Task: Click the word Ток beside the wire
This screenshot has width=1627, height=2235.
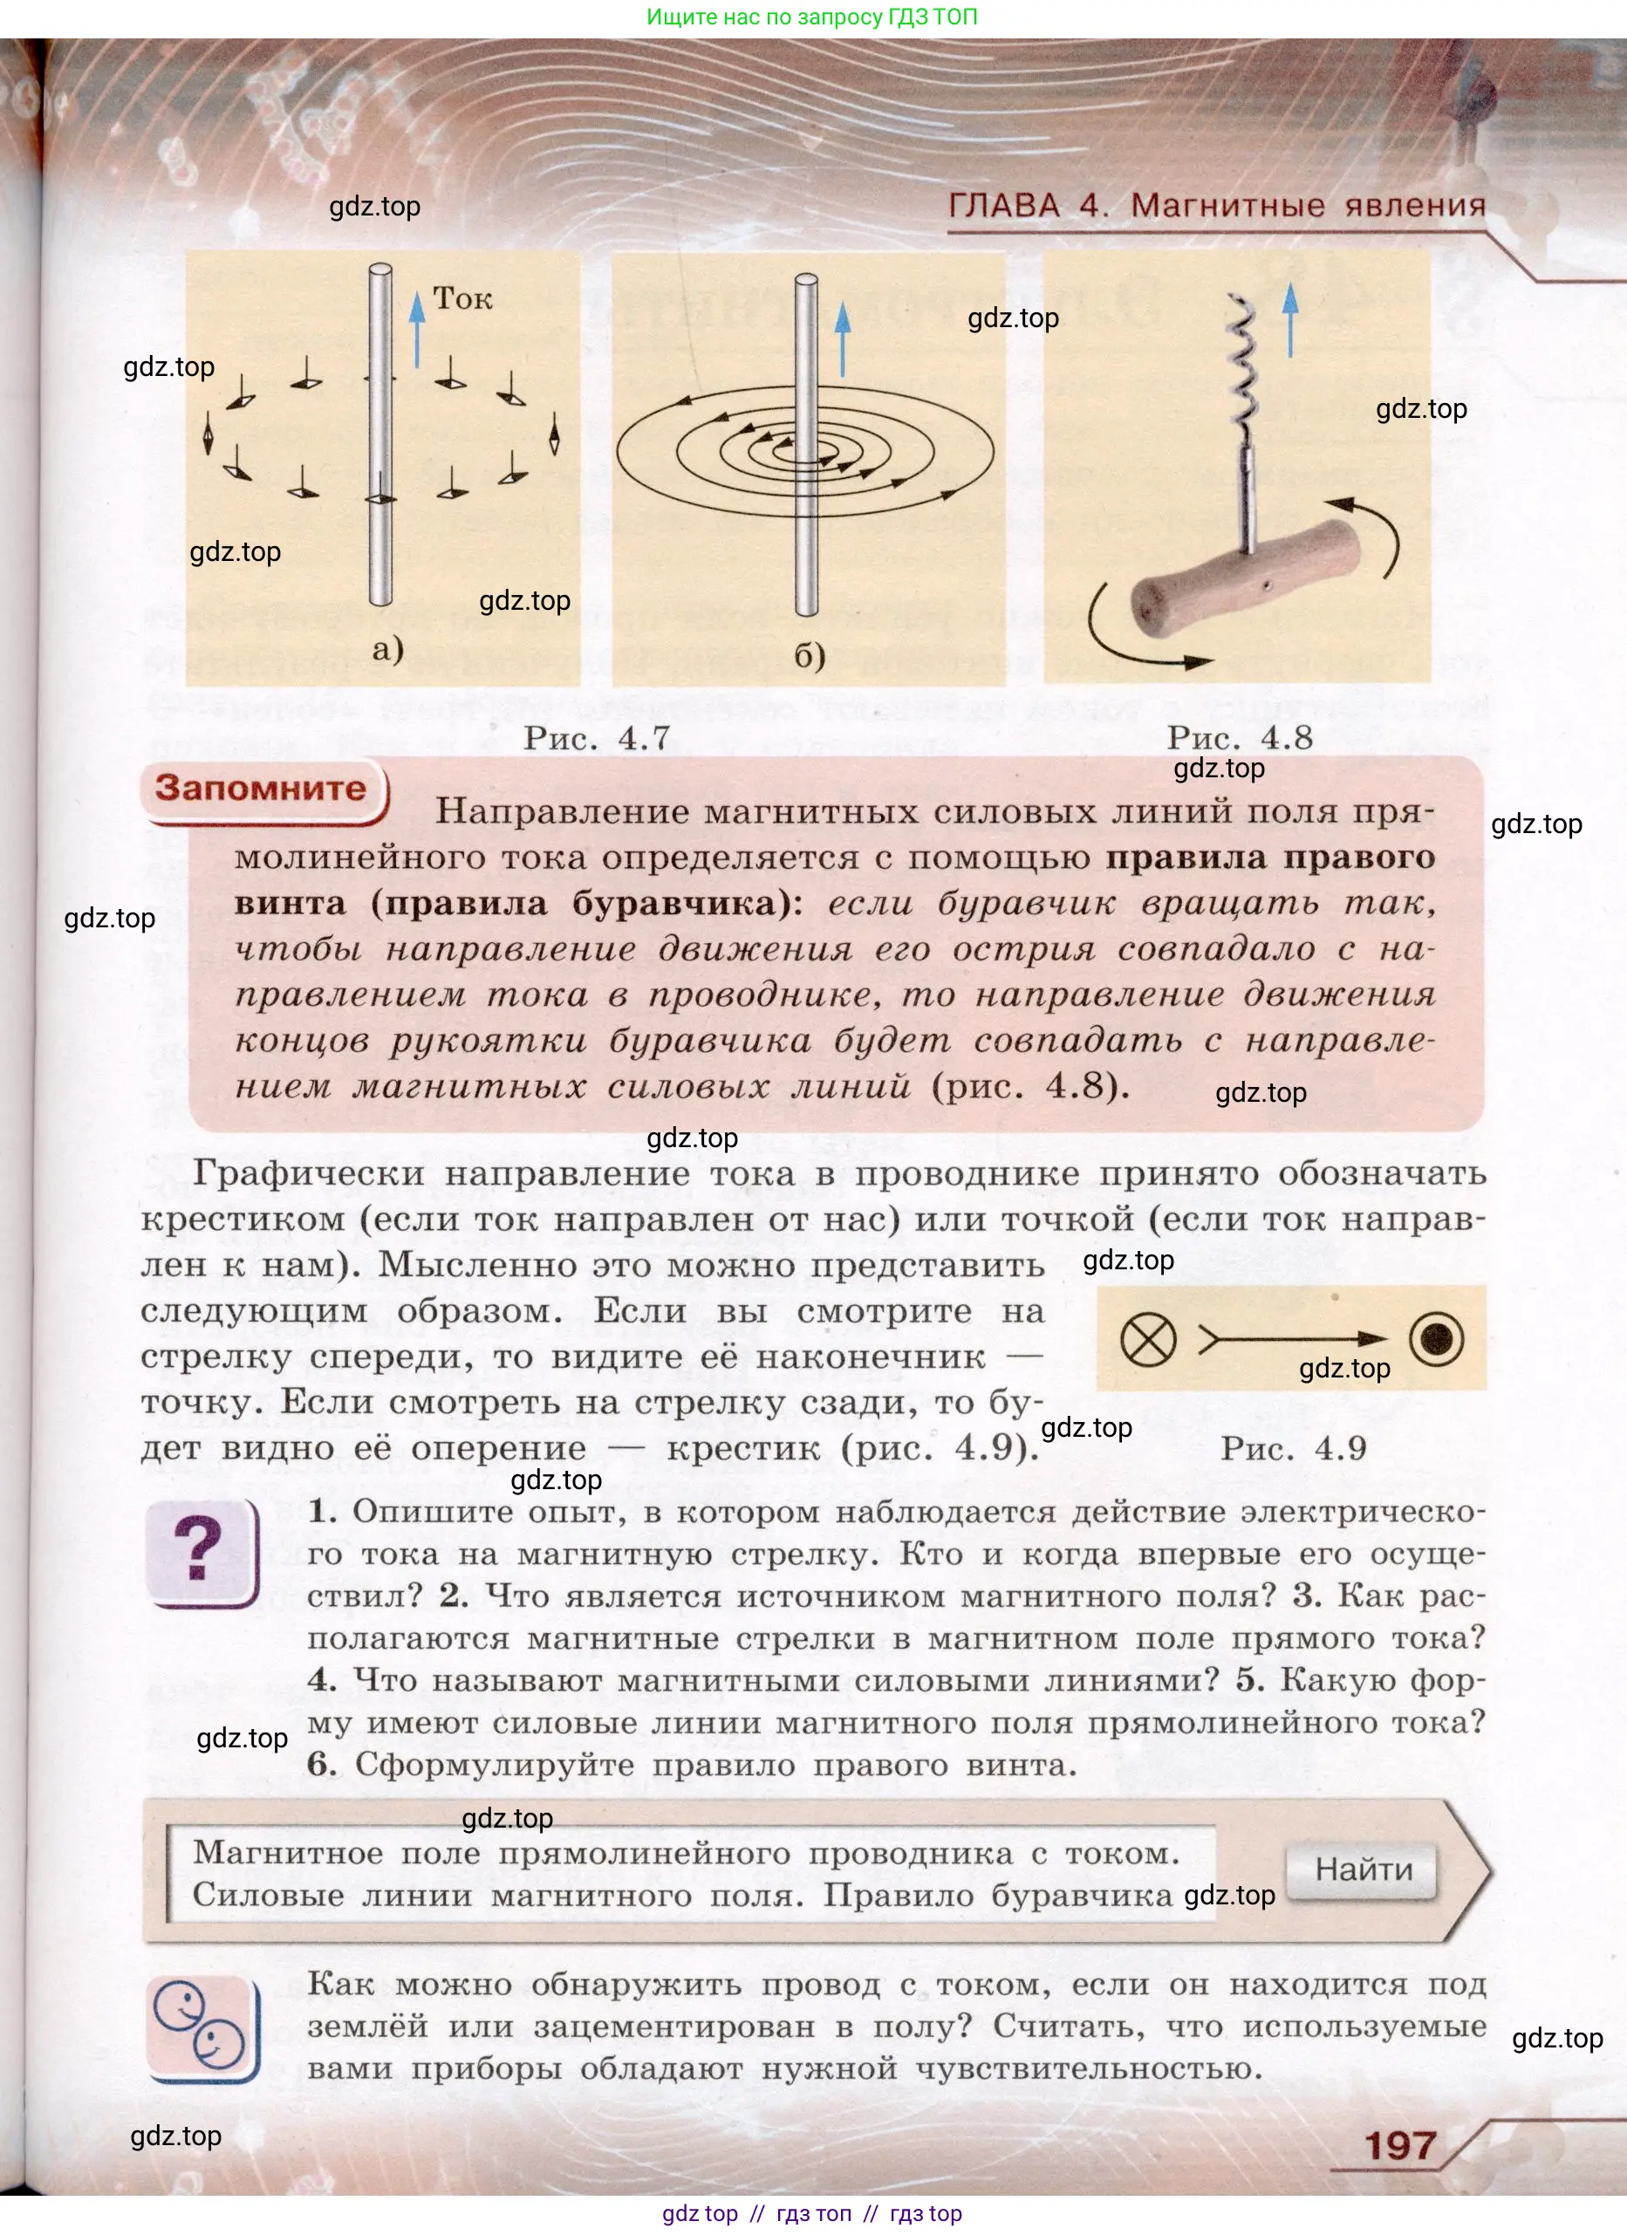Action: point(462,298)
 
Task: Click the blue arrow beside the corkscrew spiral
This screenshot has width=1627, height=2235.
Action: point(1290,321)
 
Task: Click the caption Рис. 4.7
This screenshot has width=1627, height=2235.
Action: point(596,738)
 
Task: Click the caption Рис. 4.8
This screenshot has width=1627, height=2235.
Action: point(1240,737)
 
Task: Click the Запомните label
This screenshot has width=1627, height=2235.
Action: point(260,789)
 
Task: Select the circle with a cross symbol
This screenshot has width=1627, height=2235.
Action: point(1148,1340)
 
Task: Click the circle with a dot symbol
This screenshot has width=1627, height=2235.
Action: point(1436,1339)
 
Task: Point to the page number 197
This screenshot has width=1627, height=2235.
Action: point(1399,2145)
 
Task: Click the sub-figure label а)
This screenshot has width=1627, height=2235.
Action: point(388,648)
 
